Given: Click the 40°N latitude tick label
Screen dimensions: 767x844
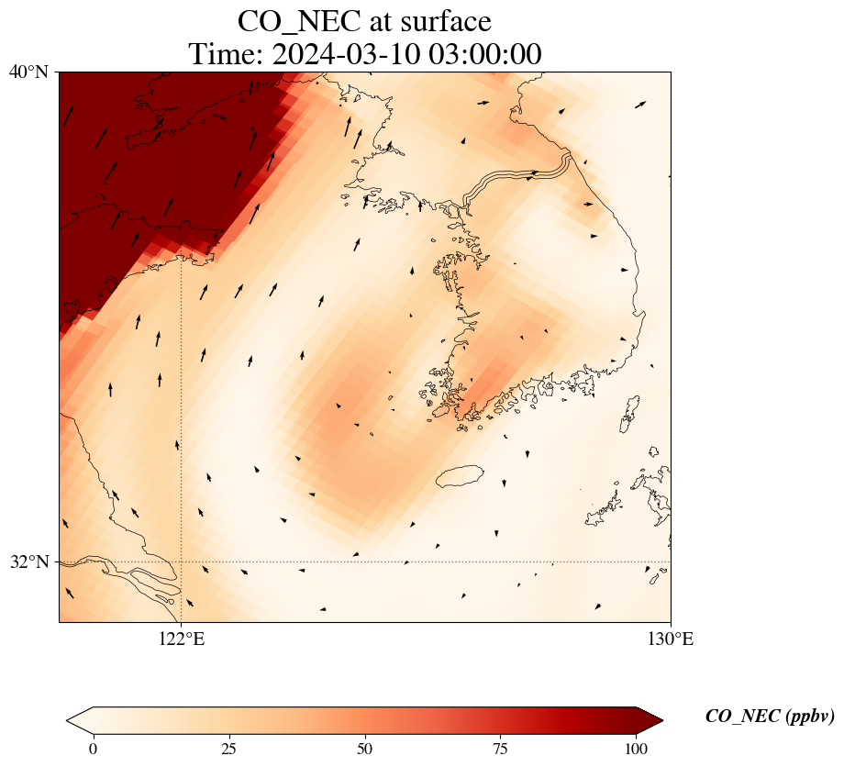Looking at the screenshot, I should (x=28, y=72).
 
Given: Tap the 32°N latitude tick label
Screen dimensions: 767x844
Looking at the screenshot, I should (x=28, y=561).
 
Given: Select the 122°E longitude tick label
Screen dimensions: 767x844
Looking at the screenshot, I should (x=182, y=639).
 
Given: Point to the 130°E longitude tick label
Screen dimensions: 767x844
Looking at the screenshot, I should (x=671, y=639).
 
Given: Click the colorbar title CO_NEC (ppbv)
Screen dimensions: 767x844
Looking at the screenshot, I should (x=770, y=717).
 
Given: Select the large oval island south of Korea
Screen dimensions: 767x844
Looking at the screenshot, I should (x=460, y=476).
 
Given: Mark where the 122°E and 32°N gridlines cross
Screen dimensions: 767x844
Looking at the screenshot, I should (x=182, y=561).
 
